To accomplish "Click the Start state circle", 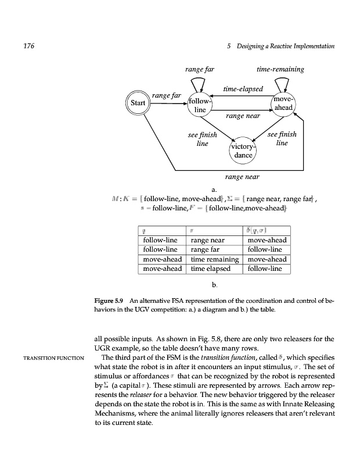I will tap(137, 103).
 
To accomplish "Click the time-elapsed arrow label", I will tap(243, 90).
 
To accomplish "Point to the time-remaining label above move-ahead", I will tap(280, 69).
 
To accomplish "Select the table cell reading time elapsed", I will tap(211, 269).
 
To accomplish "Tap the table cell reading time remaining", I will tap(215, 259).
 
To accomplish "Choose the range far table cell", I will tap(204, 249).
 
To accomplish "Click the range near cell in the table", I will tap(208, 239).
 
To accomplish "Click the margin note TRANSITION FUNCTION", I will tap(47, 357).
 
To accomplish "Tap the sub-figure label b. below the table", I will tap(214, 285).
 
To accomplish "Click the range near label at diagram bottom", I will tap(242, 176).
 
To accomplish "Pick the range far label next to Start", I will tap(166, 95).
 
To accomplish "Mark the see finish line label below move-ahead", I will tap(282, 138).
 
